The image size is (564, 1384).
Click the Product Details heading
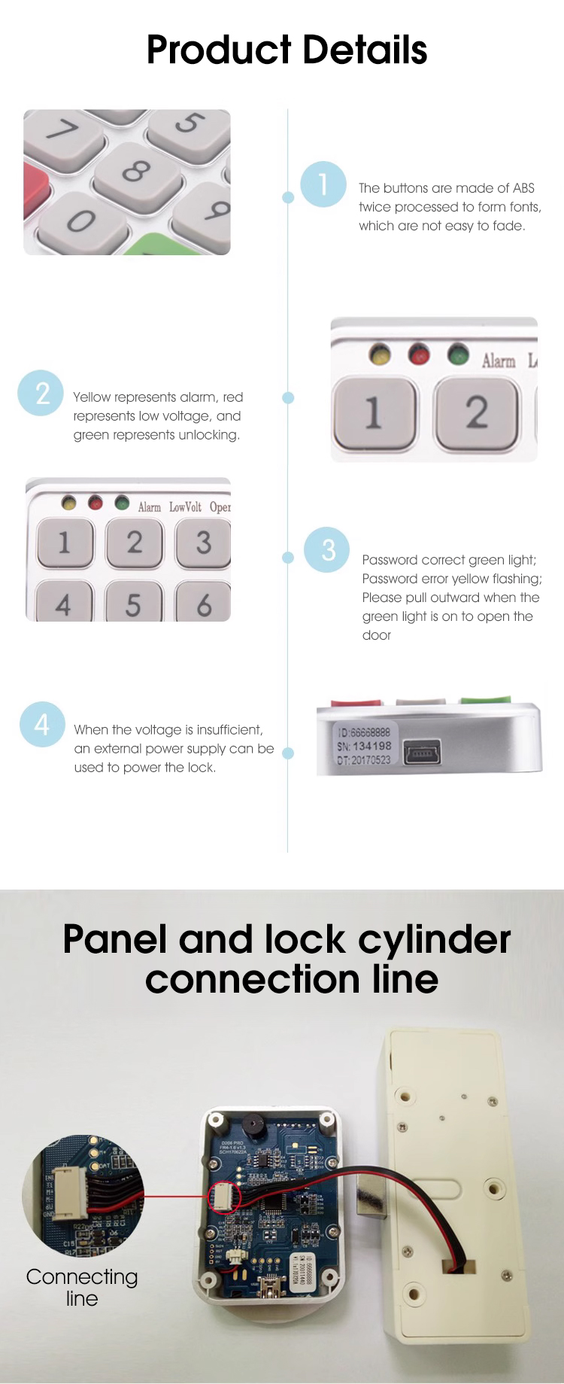tap(287, 50)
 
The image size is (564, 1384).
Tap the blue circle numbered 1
tap(323, 184)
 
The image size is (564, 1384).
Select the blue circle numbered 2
tap(41, 393)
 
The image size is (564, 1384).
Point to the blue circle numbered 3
tap(327, 549)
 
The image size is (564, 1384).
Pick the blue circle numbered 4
tap(42, 724)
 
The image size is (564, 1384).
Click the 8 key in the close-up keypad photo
tap(136, 172)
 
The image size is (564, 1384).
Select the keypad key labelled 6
tap(204, 604)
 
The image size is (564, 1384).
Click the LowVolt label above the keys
tap(185, 507)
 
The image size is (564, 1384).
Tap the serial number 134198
tap(372, 746)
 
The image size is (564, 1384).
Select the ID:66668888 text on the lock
tap(364, 732)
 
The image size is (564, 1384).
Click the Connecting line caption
tap(82, 1287)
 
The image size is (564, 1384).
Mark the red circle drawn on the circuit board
tap(225, 1197)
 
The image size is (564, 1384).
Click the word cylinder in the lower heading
tap(434, 940)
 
